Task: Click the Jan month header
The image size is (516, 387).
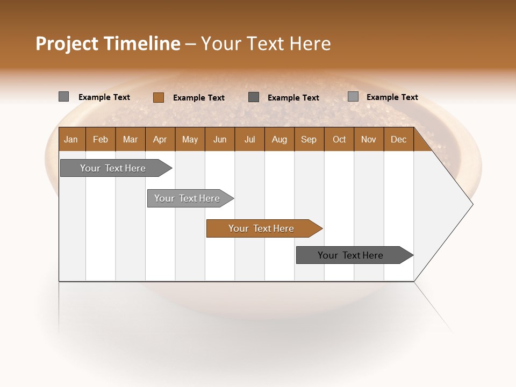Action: [x=71, y=139]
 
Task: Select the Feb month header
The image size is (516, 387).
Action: [x=101, y=139]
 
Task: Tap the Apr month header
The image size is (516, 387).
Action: [x=160, y=139]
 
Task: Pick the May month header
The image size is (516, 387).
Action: [x=190, y=139]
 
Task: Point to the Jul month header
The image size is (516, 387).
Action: [x=249, y=139]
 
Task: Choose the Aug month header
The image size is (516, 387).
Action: [x=279, y=139]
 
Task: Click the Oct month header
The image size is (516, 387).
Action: [x=339, y=139]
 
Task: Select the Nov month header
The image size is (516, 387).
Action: [x=368, y=139]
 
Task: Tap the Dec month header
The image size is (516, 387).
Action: [x=398, y=139]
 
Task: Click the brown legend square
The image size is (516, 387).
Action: [x=158, y=97]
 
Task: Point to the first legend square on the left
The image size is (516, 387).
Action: [x=63, y=97]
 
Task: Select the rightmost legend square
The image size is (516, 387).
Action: [x=353, y=97]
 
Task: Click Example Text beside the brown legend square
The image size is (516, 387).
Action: [x=198, y=98]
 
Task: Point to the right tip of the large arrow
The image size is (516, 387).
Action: [x=472, y=204]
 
